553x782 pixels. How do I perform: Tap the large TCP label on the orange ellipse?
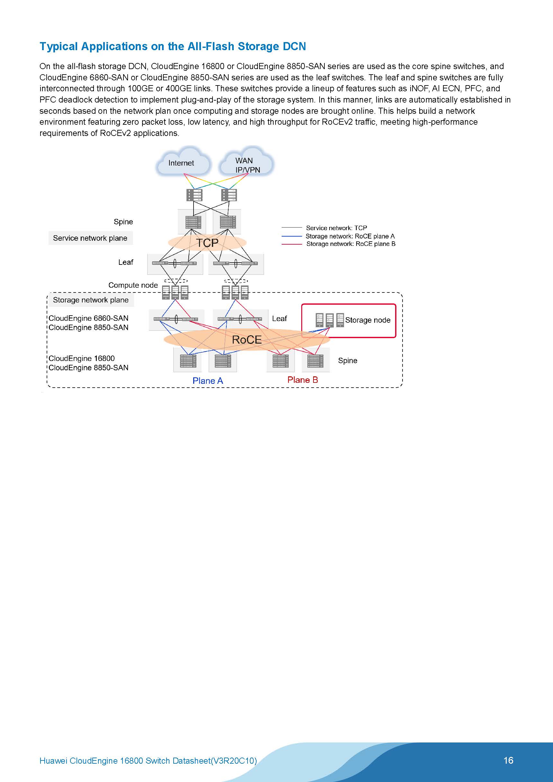click(x=207, y=243)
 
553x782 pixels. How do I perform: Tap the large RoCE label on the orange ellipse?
click(x=247, y=339)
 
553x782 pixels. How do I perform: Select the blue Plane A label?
click(x=208, y=381)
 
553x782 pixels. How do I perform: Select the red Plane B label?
click(x=303, y=380)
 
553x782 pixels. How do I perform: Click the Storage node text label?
click(x=367, y=320)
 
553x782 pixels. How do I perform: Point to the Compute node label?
click(x=133, y=285)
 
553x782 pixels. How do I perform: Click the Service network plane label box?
click(x=90, y=238)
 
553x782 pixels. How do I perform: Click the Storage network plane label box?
click(x=91, y=300)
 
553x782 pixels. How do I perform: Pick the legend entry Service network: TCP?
click(x=336, y=228)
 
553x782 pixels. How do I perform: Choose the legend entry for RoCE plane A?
click(x=350, y=236)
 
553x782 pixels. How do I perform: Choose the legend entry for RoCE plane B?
click(x=350, y=244)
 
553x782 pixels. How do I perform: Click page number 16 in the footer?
click(x=508, y=760)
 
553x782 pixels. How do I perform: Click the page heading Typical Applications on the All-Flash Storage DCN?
click(x=173, y=46)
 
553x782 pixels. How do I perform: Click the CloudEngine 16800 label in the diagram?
click(x=81, y=358)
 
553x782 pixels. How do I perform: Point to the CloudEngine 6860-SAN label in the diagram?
click(x=88, y=318)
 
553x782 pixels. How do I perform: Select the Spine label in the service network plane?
click(x=123, y=222)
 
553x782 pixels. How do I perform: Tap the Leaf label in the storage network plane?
click(x=279, y=319)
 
